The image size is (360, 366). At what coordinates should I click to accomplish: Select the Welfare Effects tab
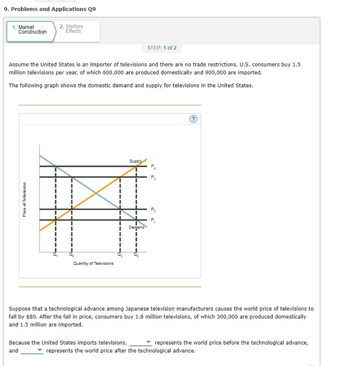pyautogui.click(x=73, y=29)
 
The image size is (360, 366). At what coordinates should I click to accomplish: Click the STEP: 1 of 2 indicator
pyautogui.click(x=162, y=48)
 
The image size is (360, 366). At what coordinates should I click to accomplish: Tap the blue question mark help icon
pyautogui.click(x=194, y=119)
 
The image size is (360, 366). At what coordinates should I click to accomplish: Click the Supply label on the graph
pyautogui.click(x=136, y=161)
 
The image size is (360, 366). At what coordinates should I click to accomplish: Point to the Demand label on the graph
pyautogui.click(x=136, y=227)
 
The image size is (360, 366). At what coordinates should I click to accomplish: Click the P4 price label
pyautogui.click(x=153, y=167)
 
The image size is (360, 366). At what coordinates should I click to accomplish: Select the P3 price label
pyautogui.click(x=153, y=178)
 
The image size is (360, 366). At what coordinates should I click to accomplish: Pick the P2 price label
pyautogui.click(x=153, y=209)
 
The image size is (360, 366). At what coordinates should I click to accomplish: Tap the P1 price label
pyautogui.click(x=153, y=220)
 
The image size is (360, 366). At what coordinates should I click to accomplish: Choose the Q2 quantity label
pyautogui.click(x=72, y=255)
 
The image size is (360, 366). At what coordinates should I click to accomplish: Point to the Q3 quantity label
pyautogui.click(x=120, y=255)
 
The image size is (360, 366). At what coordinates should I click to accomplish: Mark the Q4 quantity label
pyautogui.click(x=136, y=255)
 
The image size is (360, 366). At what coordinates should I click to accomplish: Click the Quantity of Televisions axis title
pyautogui.click(x=93, y=264)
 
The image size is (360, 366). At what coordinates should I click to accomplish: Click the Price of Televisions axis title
pyautogui.click(x=24, y=199)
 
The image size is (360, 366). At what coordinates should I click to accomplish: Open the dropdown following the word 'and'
pyautogui.click(x=32, y=351)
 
